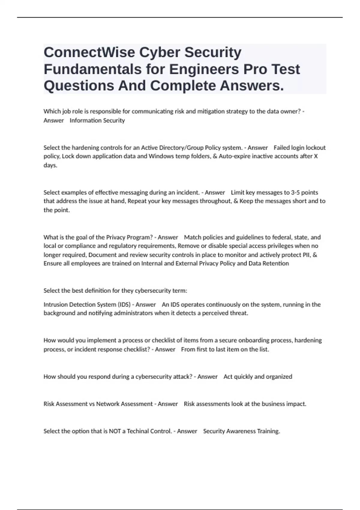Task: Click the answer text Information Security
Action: [97, 121]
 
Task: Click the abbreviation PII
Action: [307, 255]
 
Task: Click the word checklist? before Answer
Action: [136, 349]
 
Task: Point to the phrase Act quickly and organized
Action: [258, 377]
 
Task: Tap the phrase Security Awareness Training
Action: [241, 431]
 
